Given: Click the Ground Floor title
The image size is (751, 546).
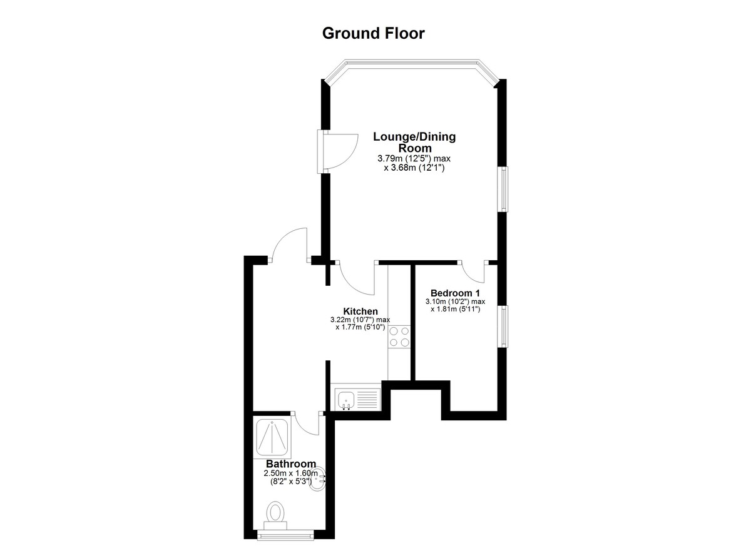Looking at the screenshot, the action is coord(373,34).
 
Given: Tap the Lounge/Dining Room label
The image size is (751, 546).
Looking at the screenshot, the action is coord(414,142).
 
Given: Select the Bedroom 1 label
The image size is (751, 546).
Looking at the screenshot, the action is coord(455,293).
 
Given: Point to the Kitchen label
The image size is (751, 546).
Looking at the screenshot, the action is coord(360,311).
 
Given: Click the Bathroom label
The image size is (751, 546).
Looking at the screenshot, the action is coord(290,464).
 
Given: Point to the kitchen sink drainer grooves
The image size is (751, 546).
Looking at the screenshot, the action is coord(367,399).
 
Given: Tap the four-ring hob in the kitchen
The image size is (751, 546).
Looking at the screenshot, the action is coord(399,336).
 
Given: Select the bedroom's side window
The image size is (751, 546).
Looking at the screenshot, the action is coord(504,326).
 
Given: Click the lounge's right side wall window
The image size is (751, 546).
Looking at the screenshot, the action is coord(504,189).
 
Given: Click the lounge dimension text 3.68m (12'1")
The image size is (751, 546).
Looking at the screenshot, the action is coord(414,167).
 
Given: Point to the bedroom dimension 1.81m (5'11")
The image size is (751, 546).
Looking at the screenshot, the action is coord(456,309).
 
